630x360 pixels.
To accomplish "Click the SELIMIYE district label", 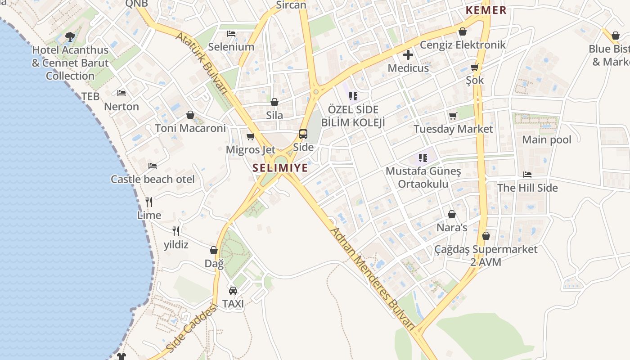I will click(x=280, y=168).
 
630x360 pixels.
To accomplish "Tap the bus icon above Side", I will click(x=303, y=134).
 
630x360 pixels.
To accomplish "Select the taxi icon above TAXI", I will click(x=233, y=291).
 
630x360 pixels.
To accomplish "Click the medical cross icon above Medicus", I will click(x=408, y=55).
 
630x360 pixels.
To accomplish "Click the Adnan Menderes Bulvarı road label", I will click(x=373, y=279).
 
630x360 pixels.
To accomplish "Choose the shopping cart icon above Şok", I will click(x=474, y=67).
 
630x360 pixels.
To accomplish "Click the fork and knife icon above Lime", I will click(x=149, y=202).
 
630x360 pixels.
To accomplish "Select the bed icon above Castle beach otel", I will click(x=153, y=166).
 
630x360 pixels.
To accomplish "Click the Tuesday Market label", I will click(x=453, y=129).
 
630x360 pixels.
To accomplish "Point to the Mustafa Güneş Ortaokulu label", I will click(x=423, y=178).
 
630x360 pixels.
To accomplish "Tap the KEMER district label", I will click(x=486, y=10).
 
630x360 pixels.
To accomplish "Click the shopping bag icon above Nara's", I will click(x=452, y=214).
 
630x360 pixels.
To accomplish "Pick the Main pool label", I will click(x=546, y=140).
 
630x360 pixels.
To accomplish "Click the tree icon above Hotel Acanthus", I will click(x=70, y=37).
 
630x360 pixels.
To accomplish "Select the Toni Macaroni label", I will click(x=190, y=128).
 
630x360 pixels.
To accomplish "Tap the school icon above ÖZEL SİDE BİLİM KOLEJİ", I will click(x=353, y=96).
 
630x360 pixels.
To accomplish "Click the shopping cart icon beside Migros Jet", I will click(x=251, y=136).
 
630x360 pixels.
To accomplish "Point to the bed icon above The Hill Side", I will click(x=527, y=175).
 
